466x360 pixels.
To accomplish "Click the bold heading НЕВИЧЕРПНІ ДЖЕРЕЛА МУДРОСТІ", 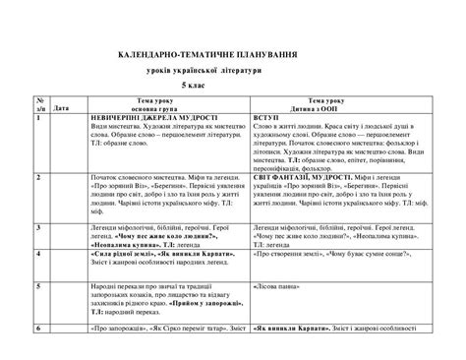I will pyautogui.click(x=153, y=118).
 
